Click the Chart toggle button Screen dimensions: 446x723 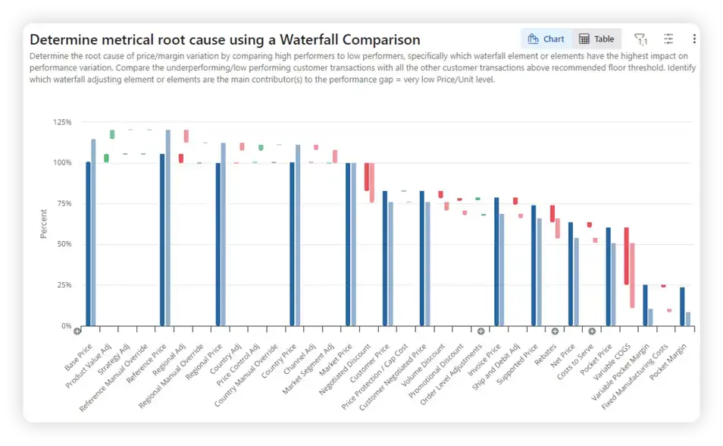(x=546, y=39)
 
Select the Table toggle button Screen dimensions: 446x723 (x=596, y=39)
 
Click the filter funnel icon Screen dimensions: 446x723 (x=640, y=39)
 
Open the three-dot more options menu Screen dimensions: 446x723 (x=694, y=39)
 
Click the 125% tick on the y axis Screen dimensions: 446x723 (x=61, y=122)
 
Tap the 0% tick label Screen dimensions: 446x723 (x=65, y=326)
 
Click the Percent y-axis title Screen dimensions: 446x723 (x=44, y=224)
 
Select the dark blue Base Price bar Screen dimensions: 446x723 (x=88, y=243)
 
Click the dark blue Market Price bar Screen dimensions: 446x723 (x=349, y=244)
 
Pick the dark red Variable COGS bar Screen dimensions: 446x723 (x=627, y=256)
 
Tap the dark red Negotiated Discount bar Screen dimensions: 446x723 (x=367, y=177)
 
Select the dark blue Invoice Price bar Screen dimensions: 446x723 (x=496, y=262)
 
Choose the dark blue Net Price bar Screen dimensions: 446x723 (x=571, y=274)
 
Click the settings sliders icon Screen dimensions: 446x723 (x=668, y=39)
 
